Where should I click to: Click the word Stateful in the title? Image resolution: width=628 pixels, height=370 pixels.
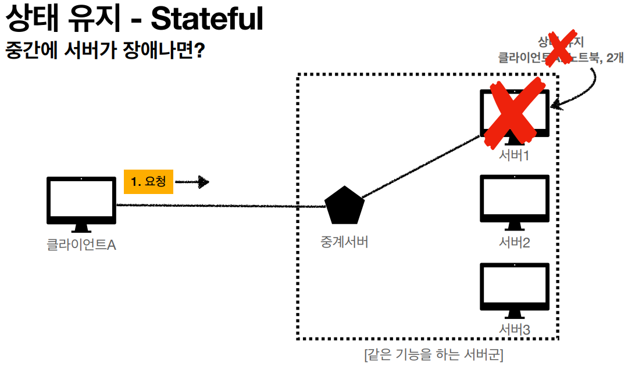tap(206, 20)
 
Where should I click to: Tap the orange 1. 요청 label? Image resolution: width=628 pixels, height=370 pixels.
tap(148, 182)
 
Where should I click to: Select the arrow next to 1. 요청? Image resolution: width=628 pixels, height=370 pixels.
tap(192, 182)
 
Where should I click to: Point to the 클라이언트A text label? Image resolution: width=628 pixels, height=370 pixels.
tap(81, 245)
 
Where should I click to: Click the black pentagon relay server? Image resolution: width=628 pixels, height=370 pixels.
tap(344, 206)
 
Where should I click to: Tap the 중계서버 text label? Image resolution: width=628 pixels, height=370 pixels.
tap(344, 242)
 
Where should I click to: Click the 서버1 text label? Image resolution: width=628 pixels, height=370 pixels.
tap(515, 156)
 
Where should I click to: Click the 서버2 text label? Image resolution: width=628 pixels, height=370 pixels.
tap(515, 242)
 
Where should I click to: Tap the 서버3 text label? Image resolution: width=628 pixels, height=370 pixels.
tap(515, 330)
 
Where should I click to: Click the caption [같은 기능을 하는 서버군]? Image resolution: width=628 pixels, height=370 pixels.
tap(433, 354)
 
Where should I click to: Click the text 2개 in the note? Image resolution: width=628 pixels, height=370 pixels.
tap(613, 58)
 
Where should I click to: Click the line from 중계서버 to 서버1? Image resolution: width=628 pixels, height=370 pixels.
tap(419, 168)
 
